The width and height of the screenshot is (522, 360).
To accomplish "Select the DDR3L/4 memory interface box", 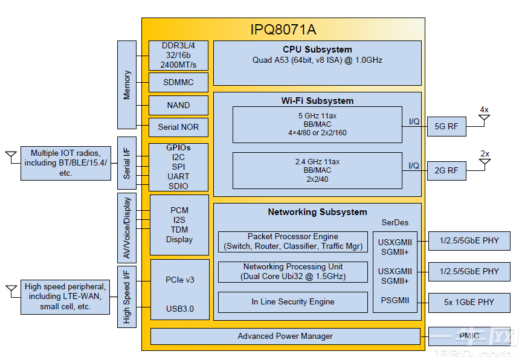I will pos(178,56).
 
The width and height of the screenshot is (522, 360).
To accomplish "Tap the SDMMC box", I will pos(178,82).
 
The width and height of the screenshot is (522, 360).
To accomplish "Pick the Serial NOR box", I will pos(178,127).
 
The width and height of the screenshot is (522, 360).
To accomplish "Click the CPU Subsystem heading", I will pos(317,50).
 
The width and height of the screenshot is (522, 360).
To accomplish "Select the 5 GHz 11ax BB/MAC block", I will pos(317,124).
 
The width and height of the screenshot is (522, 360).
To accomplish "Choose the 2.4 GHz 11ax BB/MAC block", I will pos(317,170).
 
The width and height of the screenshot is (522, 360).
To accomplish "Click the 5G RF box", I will pos(446,127).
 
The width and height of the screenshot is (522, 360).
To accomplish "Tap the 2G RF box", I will pos(446,170).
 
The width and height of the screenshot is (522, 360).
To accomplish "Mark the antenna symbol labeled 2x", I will pos(485,162).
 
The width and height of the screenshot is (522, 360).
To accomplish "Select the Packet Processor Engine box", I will pos(292,242).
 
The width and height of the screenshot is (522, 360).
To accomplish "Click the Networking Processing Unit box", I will pos(292,272).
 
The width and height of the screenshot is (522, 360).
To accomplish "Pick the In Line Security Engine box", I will pos(292,302).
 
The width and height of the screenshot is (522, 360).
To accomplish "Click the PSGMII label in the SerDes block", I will pos(395,300).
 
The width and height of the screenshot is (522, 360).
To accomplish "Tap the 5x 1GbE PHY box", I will pos(468,302).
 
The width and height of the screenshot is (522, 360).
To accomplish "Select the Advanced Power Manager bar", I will pos(285,336).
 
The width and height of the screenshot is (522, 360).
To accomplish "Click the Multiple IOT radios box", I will pos(66,163).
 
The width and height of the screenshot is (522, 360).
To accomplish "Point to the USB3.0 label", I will pos(179,309).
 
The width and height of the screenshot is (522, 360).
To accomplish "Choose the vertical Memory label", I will pos(127,85).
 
